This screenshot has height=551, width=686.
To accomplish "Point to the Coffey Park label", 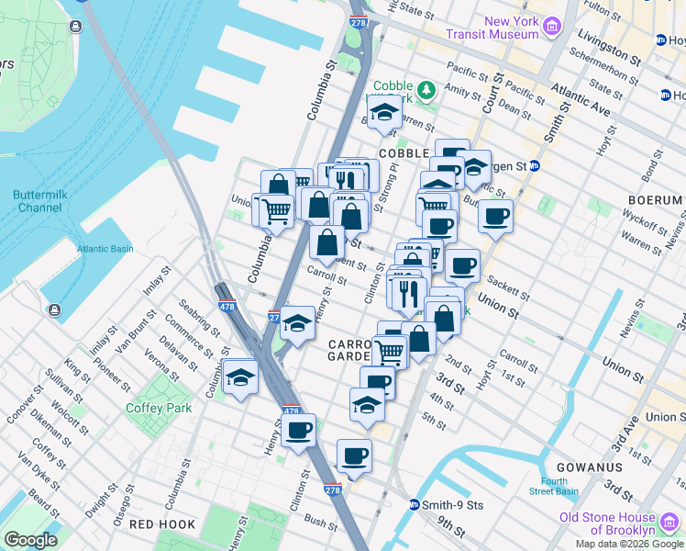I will pyautogui.click(x=157, y=408).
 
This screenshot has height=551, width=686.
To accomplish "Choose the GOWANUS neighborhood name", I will pyautogui.click(x=593, y=467).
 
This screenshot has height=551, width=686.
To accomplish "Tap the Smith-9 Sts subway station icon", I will pyautogui.click(x=415, y=505).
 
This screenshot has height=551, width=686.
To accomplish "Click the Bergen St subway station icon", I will pyautogui.click(x=536, y=166).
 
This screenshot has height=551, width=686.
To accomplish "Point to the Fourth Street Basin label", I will pyautogui.click(x=560, y=486).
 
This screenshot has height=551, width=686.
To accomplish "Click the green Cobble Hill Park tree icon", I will pyautogui.click(x=426, y=90).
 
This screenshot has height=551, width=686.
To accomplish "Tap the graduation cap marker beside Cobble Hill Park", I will pyautogui.click(x=382, y=113).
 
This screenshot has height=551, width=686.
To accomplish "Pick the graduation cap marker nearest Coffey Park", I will pyautogui.click(x=240, y=377).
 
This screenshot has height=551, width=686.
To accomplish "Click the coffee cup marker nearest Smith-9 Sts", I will pyautogui.click(x=354, y=455).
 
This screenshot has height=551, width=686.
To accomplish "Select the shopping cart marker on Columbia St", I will pyautogui.click(x=275, y=209).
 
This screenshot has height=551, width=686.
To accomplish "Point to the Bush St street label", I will pyautogui.click(x=322, y=523).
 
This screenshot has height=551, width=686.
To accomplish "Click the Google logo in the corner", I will pyautogui.click(x=30, y=540).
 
